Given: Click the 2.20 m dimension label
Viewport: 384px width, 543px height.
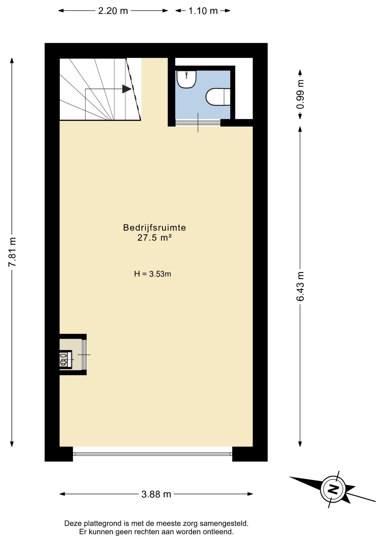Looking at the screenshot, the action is [113, 11].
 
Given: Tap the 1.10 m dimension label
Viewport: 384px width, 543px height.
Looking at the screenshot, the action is [203, 11].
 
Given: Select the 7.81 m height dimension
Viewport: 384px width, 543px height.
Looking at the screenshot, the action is [12, 252].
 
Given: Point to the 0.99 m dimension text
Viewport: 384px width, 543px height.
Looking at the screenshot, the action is [300, 94].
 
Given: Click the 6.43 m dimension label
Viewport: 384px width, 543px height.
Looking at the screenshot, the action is [300, 286].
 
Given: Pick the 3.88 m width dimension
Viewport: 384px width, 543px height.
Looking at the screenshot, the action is [156, 494].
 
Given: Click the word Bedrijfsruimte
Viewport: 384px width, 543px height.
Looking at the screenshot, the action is [154, 227].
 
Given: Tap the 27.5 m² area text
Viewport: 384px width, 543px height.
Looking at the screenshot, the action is [154, 238].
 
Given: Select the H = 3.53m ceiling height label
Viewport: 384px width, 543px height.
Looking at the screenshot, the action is [153, 274].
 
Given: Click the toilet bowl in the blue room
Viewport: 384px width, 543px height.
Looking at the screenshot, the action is [218, 97].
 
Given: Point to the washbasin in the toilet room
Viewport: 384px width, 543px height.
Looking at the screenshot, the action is [186, 79].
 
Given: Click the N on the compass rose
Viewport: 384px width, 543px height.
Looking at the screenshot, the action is [333, 489].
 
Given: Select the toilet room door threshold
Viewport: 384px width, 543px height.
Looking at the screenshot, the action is [198, 123].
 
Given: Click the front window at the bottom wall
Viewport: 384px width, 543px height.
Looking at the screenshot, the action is [153, 454].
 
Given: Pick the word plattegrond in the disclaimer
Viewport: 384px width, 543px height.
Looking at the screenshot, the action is [101, 523].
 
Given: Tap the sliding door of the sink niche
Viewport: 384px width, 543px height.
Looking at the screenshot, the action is [84, 355].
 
